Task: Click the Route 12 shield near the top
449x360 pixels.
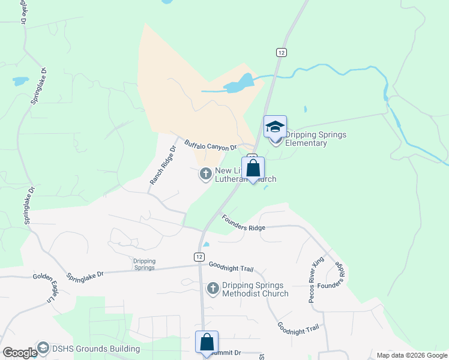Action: (282, 53)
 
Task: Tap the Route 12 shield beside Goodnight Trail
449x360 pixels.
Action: (199, 256)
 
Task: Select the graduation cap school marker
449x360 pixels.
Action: (275, 127)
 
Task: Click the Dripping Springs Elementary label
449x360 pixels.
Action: (315, 139)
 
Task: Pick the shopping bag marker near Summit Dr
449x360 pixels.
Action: (206, 342)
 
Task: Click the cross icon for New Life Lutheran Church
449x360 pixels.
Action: (205, 174)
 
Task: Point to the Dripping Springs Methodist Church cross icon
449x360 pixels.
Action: (212, 289)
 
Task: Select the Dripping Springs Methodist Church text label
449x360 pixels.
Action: (255, 289)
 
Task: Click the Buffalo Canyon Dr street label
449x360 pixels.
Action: (211, 145)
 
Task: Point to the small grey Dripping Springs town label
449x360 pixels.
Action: (143, 264)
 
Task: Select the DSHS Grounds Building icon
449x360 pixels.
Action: (43, 348)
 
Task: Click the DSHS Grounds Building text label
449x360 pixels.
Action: (96, 349)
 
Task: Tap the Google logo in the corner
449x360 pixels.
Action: (19, 353)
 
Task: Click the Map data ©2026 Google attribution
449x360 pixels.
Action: (412, 355)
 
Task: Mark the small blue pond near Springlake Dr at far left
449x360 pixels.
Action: (20, 80)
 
